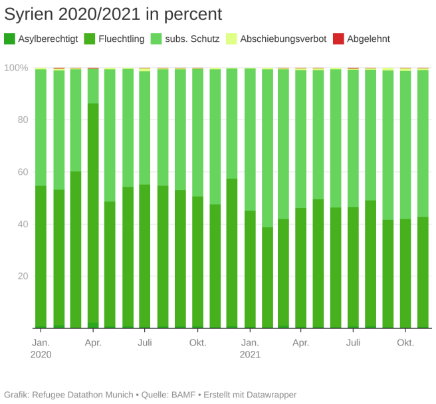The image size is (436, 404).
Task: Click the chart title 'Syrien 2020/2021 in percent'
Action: (x=113, y=14)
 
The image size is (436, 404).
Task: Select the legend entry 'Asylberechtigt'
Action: (x=48, y=39)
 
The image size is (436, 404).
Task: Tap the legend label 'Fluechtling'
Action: (x=121, y=39)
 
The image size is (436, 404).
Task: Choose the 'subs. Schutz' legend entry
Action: (x=193, y=39)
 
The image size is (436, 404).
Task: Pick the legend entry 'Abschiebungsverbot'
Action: (x=283, y=39)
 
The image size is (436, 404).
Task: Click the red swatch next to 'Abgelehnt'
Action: (x=338, y=39)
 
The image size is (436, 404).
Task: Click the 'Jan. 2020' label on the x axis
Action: (x=41, y=348)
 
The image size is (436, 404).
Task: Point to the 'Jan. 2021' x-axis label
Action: (x=250, y=348)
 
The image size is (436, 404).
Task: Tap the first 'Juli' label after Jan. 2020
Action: (x=145, y=343)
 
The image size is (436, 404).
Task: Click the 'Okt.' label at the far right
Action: (x=405, y=343)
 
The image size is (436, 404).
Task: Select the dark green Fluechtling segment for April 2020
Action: (x=93, y=213)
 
